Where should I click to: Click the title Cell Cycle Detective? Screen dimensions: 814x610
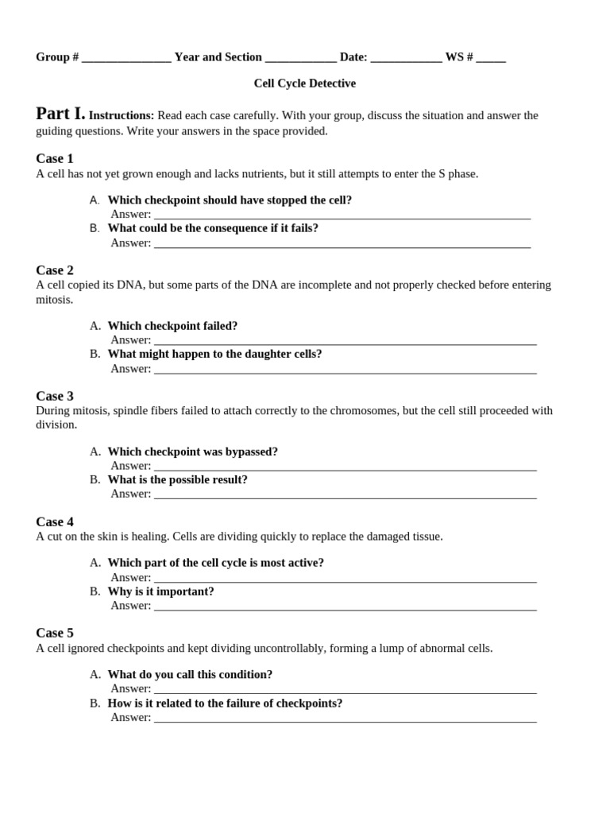304,83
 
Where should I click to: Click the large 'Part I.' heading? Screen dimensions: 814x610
60,114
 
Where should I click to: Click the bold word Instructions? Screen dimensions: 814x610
122,116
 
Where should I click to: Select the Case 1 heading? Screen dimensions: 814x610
55,158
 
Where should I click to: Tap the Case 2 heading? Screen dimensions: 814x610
55,270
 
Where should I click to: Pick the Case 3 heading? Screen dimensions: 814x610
55,396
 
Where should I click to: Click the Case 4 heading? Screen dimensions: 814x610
55,521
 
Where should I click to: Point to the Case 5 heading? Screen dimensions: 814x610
55,633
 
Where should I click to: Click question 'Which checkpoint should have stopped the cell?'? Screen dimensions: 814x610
230,200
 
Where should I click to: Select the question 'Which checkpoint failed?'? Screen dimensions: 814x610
172,326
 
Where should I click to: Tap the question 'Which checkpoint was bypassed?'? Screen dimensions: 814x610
192,452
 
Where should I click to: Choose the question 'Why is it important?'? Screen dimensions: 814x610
160,591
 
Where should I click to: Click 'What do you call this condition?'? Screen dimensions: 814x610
190,674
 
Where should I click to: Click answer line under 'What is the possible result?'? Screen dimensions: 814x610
345,494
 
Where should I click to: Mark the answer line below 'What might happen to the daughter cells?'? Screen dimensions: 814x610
345,369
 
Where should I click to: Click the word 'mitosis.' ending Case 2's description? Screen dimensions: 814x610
55,300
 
